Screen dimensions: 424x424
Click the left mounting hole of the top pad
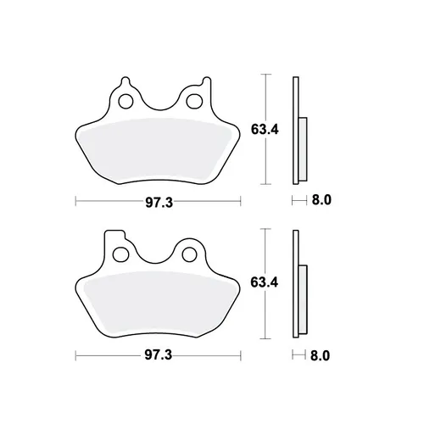pos(126,102)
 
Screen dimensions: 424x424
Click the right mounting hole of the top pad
pos(195,101)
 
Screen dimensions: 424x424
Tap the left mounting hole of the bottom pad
pos(120,254)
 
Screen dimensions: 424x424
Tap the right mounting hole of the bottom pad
pos(190,254)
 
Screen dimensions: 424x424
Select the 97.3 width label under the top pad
pos(159,203)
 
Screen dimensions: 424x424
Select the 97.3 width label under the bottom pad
pos(159,355)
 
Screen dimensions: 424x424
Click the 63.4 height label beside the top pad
pos(265,130)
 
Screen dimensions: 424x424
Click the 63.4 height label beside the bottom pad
pos(265,282)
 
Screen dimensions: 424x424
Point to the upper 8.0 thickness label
pos(321,200)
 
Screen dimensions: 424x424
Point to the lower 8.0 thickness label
pos(320,355)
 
